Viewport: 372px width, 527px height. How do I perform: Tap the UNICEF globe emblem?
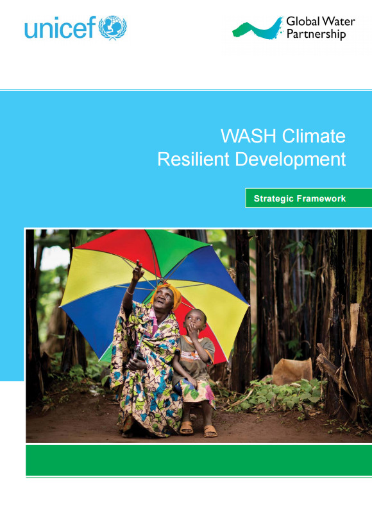coord(112,28)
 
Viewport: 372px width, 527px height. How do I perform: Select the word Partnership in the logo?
coord(316,34)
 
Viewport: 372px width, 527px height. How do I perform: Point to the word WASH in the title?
coord(248,136)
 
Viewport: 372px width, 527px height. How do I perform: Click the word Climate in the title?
coord(314,136)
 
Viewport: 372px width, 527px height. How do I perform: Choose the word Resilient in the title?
coord(194,159)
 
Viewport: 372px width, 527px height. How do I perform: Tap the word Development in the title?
coord(290,159)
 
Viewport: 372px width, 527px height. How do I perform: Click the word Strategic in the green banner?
coord(274,198)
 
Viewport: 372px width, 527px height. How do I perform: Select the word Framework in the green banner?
coord(321,198)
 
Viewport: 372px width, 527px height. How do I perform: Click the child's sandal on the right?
coord(210,431)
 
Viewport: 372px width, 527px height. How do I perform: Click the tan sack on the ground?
coord(292,372)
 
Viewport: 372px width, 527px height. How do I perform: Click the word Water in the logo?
coord(339,22)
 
